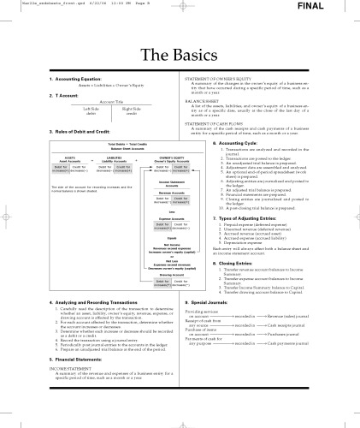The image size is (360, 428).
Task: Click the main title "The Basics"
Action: [x=180, y=55]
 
